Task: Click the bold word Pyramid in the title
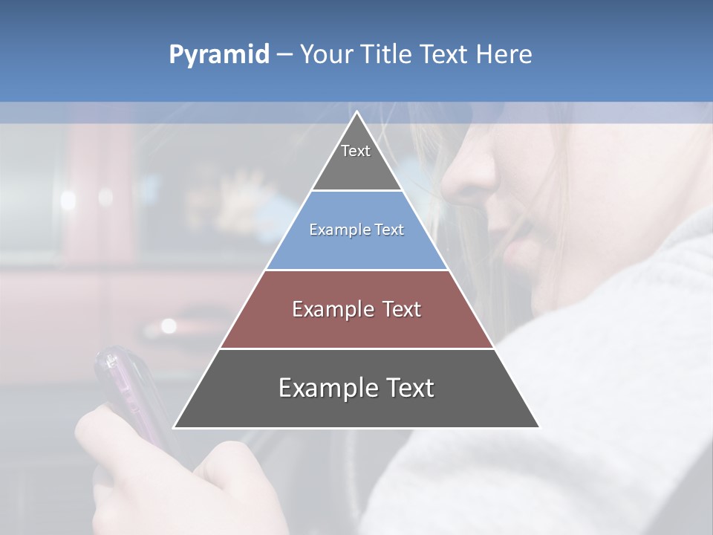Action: (x=218, y=55)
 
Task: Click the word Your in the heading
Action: (x=326, y=55)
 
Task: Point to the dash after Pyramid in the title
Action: (x=284, y=55)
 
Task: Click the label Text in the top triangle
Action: (x=356, y=151)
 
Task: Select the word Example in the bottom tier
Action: (x=328, y=388)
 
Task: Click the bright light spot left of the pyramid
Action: (x=169, y=325)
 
